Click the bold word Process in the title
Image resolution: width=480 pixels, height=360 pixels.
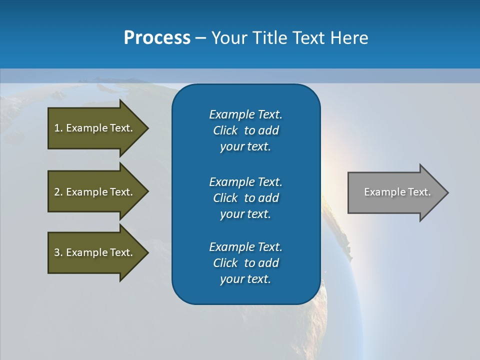[157, 38]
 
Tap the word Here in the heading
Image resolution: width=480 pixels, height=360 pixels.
[349, 38]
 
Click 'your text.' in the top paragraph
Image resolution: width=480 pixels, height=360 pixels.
[245, 147]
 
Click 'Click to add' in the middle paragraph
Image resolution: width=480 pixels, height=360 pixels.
[246, 198]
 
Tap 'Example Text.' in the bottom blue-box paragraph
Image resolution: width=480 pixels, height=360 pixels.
[245, 247]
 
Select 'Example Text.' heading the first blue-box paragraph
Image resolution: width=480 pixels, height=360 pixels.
[245, 114]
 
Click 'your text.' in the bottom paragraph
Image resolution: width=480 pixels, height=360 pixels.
[245, 279]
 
